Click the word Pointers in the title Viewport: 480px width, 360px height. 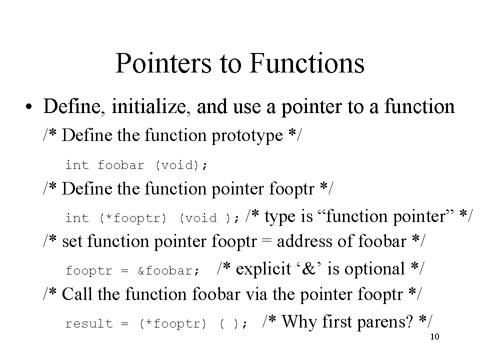(163, 63)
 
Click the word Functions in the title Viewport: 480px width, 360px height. (307, 63)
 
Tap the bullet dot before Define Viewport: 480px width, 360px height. (29, 107)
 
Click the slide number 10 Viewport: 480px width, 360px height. (434, 336)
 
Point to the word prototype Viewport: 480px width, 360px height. (247, 135)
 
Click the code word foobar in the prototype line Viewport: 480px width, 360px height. (121, 165)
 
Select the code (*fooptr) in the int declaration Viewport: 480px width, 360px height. (133, 218)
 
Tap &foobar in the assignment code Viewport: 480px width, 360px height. (168, 271)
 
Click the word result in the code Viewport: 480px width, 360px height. (89, 324)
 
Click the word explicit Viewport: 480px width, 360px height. (263, 269)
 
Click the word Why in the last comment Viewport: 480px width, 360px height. (299, 321)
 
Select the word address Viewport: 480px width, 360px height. (304, 241)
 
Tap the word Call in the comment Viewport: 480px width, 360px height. (77, 294)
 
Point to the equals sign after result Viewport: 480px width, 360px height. (124, 324)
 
